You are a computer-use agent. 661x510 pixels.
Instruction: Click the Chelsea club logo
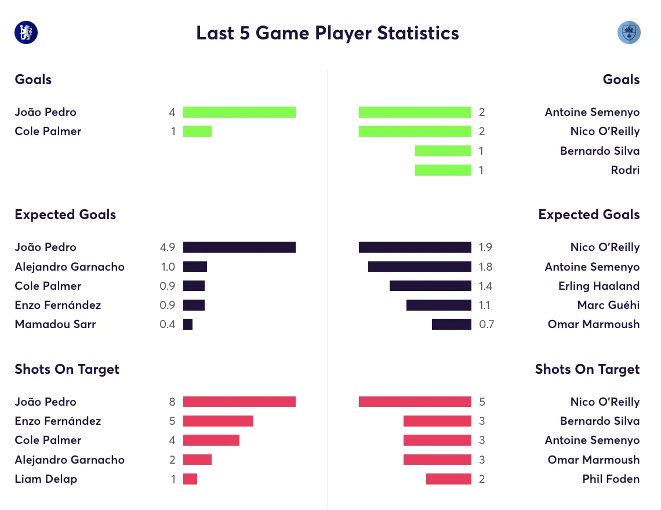[x=26, y=32]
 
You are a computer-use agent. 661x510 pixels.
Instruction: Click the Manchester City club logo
[x=629, y=32]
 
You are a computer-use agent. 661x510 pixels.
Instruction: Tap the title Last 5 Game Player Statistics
[x=328, y=33]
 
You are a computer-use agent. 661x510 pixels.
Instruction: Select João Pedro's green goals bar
[x=239, y=112]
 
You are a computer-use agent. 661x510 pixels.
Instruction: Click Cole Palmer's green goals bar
[x=197, y=131]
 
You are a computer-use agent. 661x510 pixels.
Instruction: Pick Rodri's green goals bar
[x=443, y=170]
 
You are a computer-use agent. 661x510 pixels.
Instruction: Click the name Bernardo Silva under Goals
[x=600, y=151]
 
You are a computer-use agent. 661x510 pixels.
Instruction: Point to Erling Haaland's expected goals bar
[x=430, y=286]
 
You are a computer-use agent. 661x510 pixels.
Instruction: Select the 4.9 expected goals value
[x=168, y=247]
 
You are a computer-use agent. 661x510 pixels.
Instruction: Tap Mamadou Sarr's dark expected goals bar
[x=188, y=324]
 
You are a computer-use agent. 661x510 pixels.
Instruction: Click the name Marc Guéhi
[x=608, y=305]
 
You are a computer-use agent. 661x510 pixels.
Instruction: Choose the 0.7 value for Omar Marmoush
[x=486, y=324]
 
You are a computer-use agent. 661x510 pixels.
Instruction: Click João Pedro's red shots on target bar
[x=239, y=402]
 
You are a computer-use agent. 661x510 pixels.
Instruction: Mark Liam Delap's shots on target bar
[x=190, y=479]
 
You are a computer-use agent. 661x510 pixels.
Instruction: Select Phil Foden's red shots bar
[x=449, y=479]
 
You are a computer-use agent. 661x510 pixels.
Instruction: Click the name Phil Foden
[x=611, y=479]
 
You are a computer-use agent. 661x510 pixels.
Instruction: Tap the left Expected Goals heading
[x=66, y=214]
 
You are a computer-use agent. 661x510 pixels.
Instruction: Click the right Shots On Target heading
[x=587, y=369]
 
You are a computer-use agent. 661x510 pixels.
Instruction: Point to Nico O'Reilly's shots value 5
[x=482, y=402]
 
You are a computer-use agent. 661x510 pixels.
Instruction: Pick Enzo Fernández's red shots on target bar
[x=218, y=421]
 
